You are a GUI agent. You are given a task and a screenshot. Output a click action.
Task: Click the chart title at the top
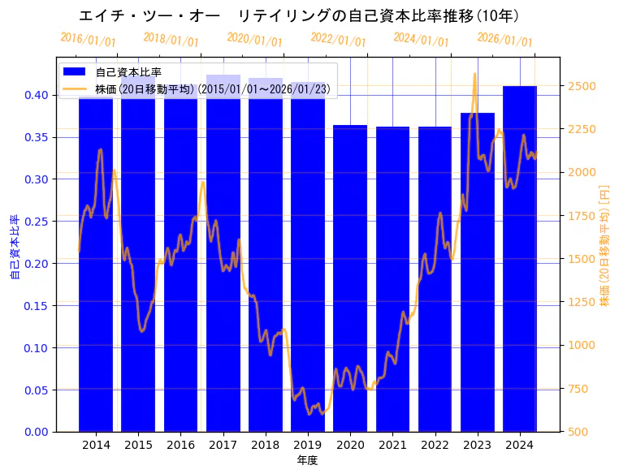(300, 15)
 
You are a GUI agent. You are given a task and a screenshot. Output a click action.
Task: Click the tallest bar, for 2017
(223, 252)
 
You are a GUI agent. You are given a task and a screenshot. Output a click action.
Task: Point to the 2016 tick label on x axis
(180, 445)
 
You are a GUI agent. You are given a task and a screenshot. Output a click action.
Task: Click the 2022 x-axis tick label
(435, 445)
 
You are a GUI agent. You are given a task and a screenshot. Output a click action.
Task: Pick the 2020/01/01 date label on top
(255, 39)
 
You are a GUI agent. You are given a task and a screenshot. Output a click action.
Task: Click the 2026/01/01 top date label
(504, 39)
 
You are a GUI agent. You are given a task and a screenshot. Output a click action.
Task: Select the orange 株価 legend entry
(212, 88)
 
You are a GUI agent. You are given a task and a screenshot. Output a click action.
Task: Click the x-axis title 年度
(307, 460)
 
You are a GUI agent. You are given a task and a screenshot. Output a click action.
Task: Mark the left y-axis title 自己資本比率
(14, 247)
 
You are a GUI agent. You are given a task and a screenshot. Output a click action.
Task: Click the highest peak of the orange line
(475, 74)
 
